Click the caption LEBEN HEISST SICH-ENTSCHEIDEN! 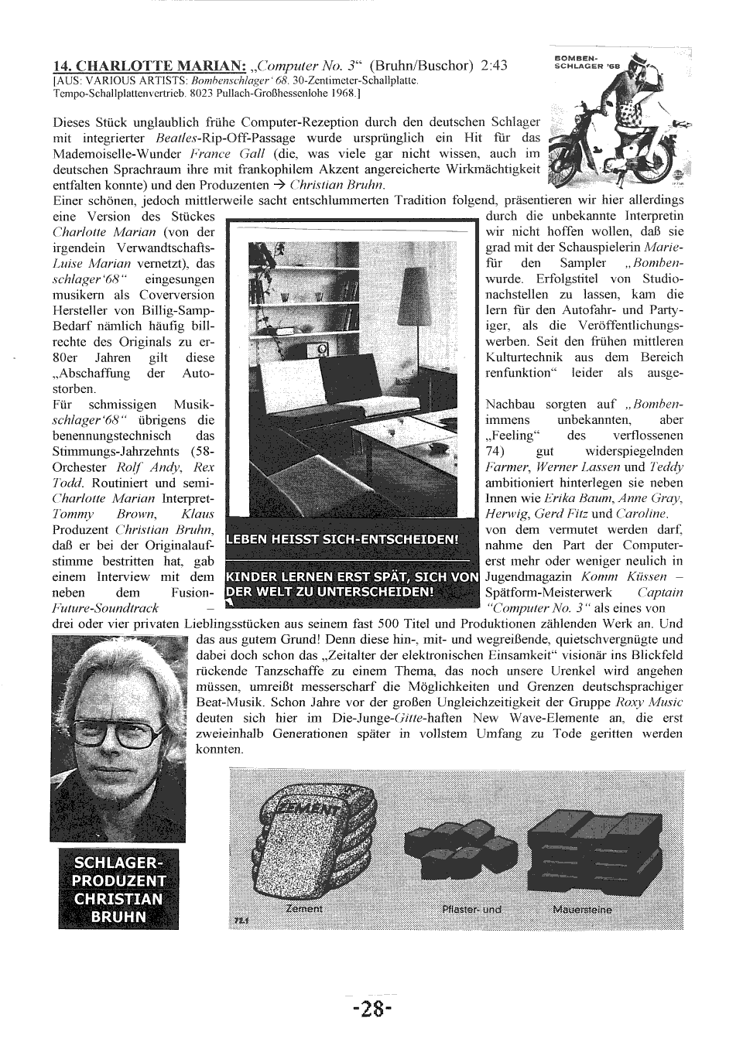click(343, 538)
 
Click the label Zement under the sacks click(303, 908)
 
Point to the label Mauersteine click(582, 909)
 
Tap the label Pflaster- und click(471, 909)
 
